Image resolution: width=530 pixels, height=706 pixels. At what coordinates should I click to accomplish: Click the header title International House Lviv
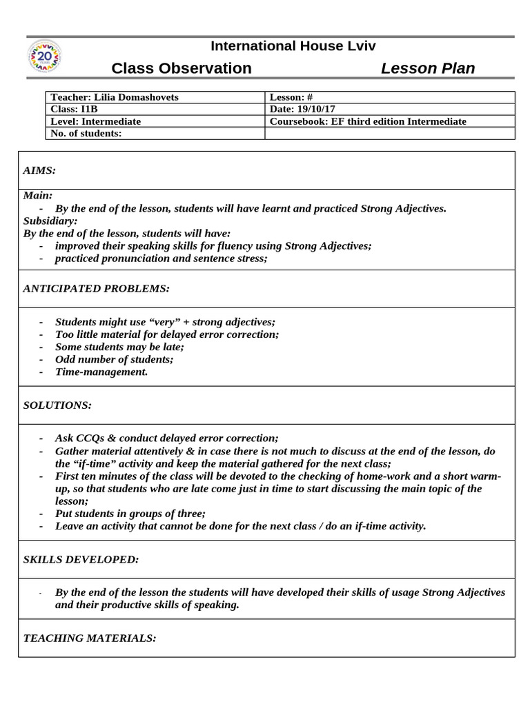point(293,46)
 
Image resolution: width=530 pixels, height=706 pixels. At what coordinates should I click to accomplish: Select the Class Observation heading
point(181,68)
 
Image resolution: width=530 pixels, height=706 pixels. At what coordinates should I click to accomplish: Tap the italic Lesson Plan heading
point(428,68)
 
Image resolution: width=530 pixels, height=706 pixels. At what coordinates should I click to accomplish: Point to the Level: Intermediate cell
point(96,121)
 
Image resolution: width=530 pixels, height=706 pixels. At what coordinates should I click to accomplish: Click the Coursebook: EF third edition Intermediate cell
point(368,121)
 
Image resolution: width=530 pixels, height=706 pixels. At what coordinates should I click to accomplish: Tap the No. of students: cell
point(86,133)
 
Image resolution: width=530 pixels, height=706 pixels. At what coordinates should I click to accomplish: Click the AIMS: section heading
point(39,170)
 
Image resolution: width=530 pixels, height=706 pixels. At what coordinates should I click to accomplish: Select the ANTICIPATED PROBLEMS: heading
point(96,288)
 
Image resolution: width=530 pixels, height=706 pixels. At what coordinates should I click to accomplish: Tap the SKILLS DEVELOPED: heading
point(81,559)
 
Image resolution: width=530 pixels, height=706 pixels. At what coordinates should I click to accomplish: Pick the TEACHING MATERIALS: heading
point(90,638)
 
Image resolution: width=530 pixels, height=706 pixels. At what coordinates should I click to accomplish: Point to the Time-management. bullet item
point(101,372)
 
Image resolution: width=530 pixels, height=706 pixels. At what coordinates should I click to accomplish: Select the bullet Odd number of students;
point(114,359)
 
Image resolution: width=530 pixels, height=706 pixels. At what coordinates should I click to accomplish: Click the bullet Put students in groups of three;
point(130,513)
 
